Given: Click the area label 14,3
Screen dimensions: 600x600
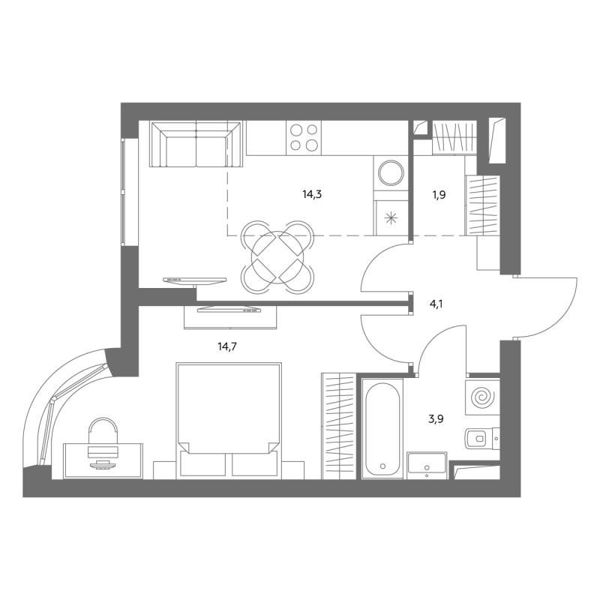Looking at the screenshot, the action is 312,195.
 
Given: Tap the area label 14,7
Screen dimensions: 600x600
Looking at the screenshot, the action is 227,346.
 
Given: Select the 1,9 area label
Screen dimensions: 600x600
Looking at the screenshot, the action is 439,195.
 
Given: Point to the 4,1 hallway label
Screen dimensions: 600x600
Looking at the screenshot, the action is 436,304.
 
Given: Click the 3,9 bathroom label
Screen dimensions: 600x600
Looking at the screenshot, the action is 436,419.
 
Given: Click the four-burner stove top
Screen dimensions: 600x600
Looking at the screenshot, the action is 304,138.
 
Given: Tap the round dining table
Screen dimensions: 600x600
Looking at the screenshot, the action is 277,257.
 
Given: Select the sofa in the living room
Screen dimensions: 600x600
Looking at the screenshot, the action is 196,144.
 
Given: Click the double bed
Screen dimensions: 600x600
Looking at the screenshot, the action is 229,420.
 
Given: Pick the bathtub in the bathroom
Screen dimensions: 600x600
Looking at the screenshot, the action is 382,428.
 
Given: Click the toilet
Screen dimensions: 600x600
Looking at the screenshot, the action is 481,439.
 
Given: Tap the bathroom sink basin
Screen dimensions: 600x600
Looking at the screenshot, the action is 427,465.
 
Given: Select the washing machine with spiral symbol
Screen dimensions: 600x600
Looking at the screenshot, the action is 482,397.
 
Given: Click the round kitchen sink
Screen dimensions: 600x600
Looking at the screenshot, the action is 391,173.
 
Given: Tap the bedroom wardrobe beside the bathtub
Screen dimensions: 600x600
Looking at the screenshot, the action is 339,426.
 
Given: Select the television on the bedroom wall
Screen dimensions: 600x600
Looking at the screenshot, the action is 229,310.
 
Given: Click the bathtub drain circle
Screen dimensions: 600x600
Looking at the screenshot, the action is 382,466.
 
